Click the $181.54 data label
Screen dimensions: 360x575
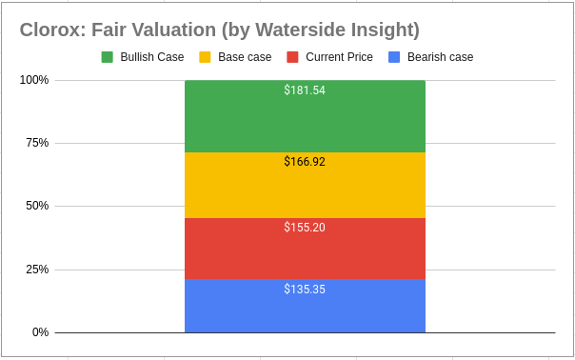click(x=305, y=90)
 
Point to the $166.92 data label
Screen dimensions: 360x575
click(x=305, y=162)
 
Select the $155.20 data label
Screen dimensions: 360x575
click(x=305, y=228)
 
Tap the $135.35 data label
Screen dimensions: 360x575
click(x=305, y=289)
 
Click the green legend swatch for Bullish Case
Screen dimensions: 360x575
click(x=108, y=57)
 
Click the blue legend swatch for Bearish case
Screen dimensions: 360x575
click(x=394, y=57)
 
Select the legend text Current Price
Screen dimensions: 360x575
click(x=340, y=57)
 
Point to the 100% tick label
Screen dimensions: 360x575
click(x=34, y=80)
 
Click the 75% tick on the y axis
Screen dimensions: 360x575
click(x=37, y=143)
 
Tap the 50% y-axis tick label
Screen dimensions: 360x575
click(x=37, y=206)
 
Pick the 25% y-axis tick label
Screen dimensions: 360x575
click(x=37, y=270)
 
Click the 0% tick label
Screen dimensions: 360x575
click(x=40, y=332)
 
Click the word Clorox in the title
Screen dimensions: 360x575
click(x=50, y=30)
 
